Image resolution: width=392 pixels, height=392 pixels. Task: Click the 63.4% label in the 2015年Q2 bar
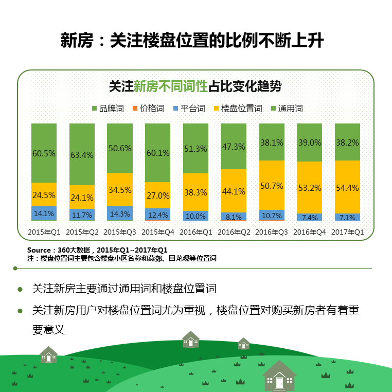coord(82,154)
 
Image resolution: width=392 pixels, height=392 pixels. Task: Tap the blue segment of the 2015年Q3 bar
coord(120,213)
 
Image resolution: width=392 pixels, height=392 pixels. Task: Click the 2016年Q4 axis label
coord(310,232)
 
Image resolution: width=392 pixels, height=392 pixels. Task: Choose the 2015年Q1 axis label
coord(44,232)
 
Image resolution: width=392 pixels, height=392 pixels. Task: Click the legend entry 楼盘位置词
coord(242,109)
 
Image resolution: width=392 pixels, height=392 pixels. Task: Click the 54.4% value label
coord(347,188)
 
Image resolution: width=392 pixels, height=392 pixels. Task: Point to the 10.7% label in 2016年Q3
coord(272,215)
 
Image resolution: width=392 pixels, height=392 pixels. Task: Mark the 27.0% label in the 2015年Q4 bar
coord(158,195)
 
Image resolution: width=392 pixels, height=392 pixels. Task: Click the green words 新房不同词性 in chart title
coord(170,86)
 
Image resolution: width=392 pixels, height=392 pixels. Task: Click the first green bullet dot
coord(21,289)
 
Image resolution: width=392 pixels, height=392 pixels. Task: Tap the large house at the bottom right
coord(279,376)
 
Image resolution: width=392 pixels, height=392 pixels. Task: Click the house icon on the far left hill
coord(49,354)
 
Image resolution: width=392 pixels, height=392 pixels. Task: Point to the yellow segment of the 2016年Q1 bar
coord(195,192)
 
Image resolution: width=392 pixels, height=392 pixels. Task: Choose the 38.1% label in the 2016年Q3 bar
coord(272,143)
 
